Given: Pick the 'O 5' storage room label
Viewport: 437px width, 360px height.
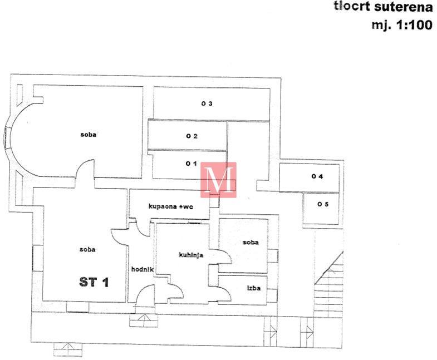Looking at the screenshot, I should coord(323,204).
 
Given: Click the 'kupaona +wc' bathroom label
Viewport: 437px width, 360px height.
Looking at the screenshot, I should coord(170,206).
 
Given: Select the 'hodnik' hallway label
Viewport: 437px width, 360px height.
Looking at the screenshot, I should coord(142,269).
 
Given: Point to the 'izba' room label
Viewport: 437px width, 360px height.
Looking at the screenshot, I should coord(254,288).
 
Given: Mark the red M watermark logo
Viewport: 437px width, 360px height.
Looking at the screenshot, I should coord(218,179).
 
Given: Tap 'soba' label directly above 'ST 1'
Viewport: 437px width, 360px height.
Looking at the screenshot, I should coord(87,249).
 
